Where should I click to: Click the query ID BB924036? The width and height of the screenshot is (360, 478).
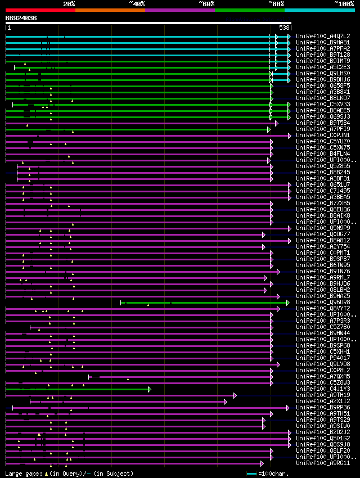tap(21, 18)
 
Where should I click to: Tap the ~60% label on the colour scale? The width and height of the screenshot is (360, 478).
tap(206, 4)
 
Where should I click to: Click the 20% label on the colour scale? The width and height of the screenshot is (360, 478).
tap(69, 4)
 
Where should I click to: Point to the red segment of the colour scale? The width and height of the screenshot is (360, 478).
tap(40, 10)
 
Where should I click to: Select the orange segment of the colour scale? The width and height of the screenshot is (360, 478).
tap(110, 10)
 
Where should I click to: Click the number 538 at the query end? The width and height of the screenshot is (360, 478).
tap(284, 28)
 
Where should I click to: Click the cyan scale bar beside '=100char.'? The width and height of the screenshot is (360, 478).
tap(252, 474)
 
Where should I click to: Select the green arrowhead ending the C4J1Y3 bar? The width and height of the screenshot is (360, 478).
tap(150, 389)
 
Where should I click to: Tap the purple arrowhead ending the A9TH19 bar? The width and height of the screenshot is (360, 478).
tap(235, 395)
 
